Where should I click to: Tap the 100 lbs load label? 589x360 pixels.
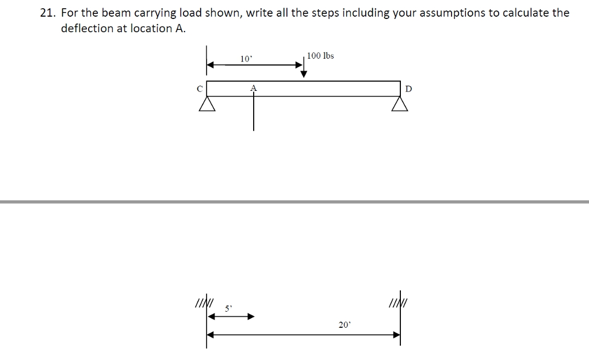320,56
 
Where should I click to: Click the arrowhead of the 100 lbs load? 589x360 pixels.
304,74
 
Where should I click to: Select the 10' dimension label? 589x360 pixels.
246,59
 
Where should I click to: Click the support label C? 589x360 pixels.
199,89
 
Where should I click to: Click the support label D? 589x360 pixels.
408,89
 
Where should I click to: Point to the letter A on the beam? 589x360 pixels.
253,88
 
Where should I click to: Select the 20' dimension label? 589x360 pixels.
344,325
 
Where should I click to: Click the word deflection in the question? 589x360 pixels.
87,28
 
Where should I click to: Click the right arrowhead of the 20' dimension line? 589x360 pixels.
397,334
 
